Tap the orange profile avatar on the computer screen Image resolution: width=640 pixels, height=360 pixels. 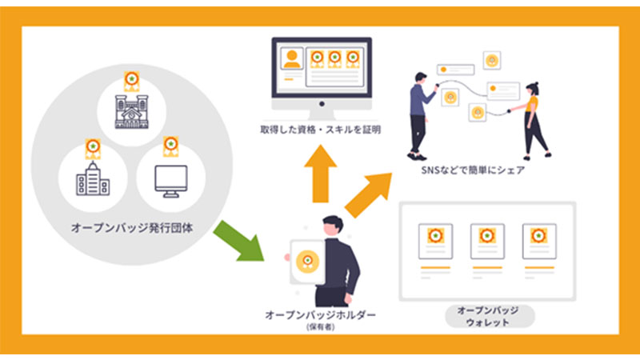[291, 59]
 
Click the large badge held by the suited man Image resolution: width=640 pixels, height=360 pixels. [306, 261]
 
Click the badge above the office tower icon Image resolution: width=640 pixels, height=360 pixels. [92, 149]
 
